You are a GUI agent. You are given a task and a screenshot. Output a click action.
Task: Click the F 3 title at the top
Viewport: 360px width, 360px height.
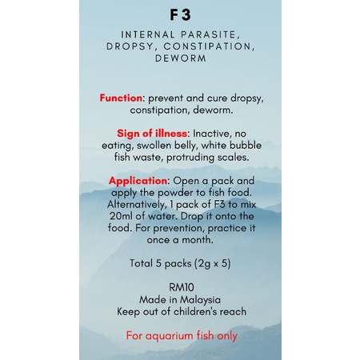[181, 15]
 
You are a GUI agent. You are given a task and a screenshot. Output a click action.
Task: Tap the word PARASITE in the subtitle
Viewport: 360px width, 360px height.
[212, 35]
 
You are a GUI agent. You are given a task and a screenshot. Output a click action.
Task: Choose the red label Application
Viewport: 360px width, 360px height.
[138, 181]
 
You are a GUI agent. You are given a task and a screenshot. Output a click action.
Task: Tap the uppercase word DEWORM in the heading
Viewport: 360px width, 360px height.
[181, 58]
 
